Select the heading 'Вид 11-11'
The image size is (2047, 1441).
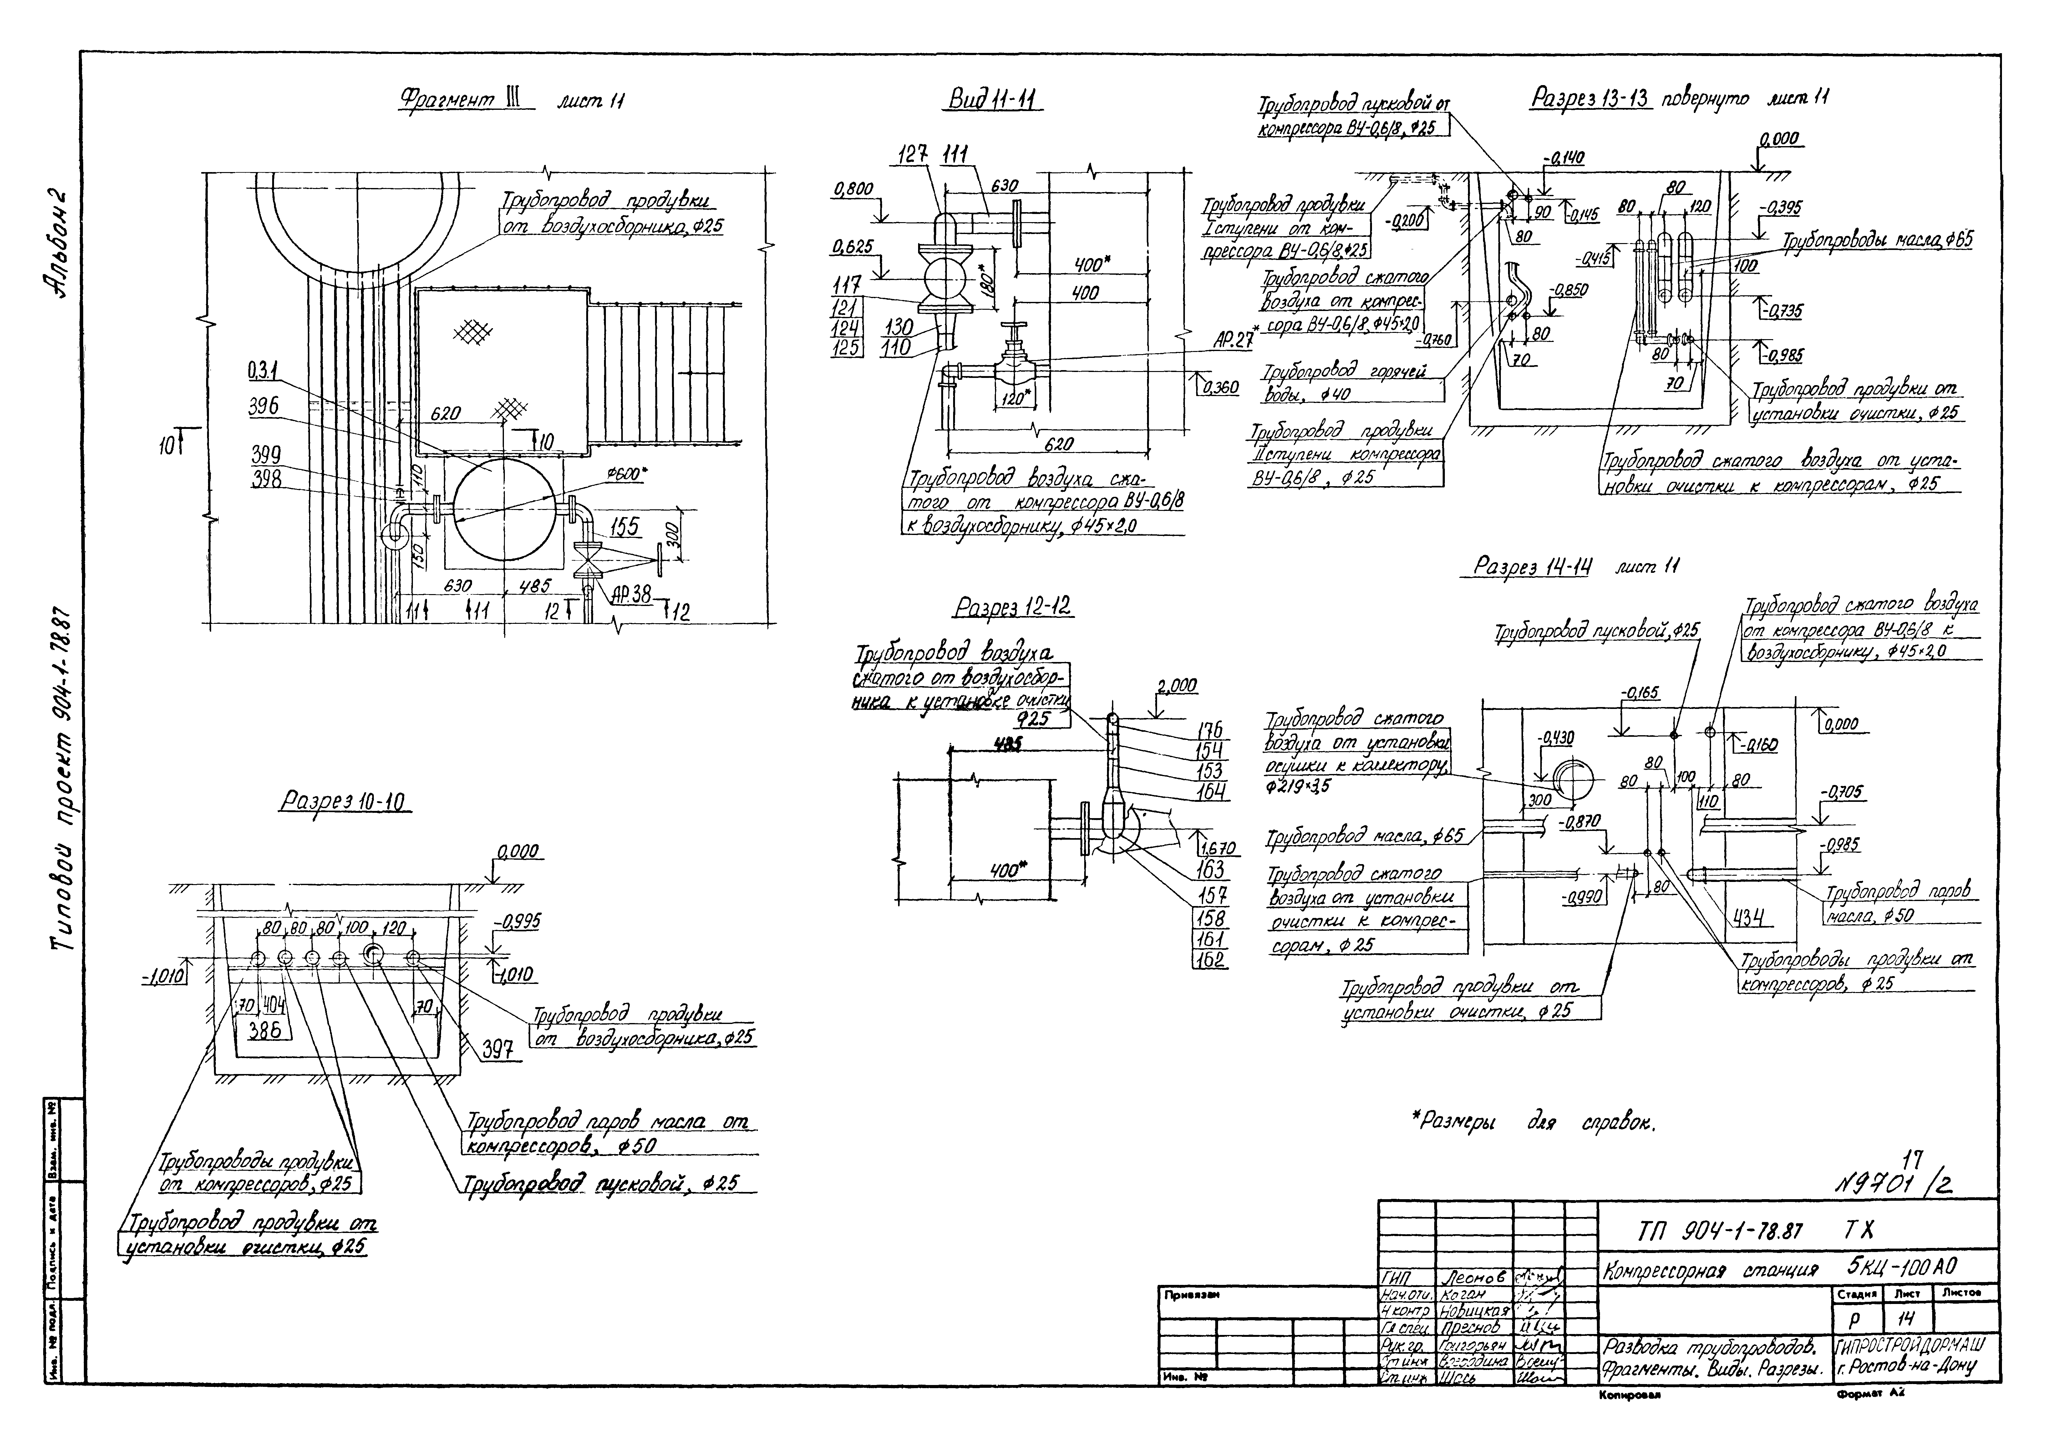tap(992, 100)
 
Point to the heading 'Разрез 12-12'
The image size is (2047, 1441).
tap(1013, 608)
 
